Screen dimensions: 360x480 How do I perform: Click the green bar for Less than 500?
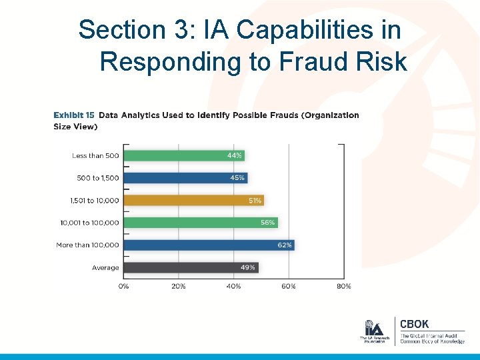tap(184, 155)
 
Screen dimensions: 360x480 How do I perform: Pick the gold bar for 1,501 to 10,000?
tap(194, 200)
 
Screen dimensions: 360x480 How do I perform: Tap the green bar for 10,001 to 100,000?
tap(201, 223)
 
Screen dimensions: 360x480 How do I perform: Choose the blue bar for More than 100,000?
tap(209, 245)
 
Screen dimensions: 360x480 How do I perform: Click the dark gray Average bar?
tap(191, 267)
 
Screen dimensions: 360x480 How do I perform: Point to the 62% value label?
tap(284, 245)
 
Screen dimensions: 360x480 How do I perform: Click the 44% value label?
tap(234, 155)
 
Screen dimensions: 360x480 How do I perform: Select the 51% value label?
tap(254, 200)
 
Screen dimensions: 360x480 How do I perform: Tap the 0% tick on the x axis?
tap(124, 286)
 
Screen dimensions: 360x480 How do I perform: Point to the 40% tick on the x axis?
tap(233, 286)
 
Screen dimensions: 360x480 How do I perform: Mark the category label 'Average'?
tap(105, 268)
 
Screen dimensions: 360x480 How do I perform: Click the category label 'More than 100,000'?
tap(87, 245)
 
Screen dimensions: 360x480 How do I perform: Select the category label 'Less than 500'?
tap(95, 156)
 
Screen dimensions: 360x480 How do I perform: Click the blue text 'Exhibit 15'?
tap(73, 115)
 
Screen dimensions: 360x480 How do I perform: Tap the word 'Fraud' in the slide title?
tap(298, 61)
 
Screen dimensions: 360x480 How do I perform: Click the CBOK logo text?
tap(415, 325)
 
